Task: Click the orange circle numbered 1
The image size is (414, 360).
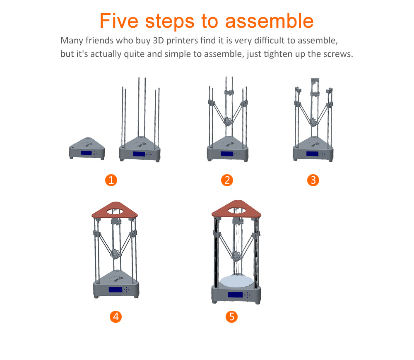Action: tap(111, 180)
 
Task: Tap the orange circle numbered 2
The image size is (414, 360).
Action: tap(226, 180)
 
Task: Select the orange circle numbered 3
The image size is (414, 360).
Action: tap(313, 180)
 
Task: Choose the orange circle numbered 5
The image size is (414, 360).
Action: tap(232, 317)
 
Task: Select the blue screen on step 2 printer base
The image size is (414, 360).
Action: tap(226, 154)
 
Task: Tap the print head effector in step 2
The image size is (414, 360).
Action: tap(226, 121)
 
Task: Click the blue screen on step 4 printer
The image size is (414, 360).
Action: tap(116, 290)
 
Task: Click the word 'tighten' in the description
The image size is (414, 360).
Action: tap(276, 54)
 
